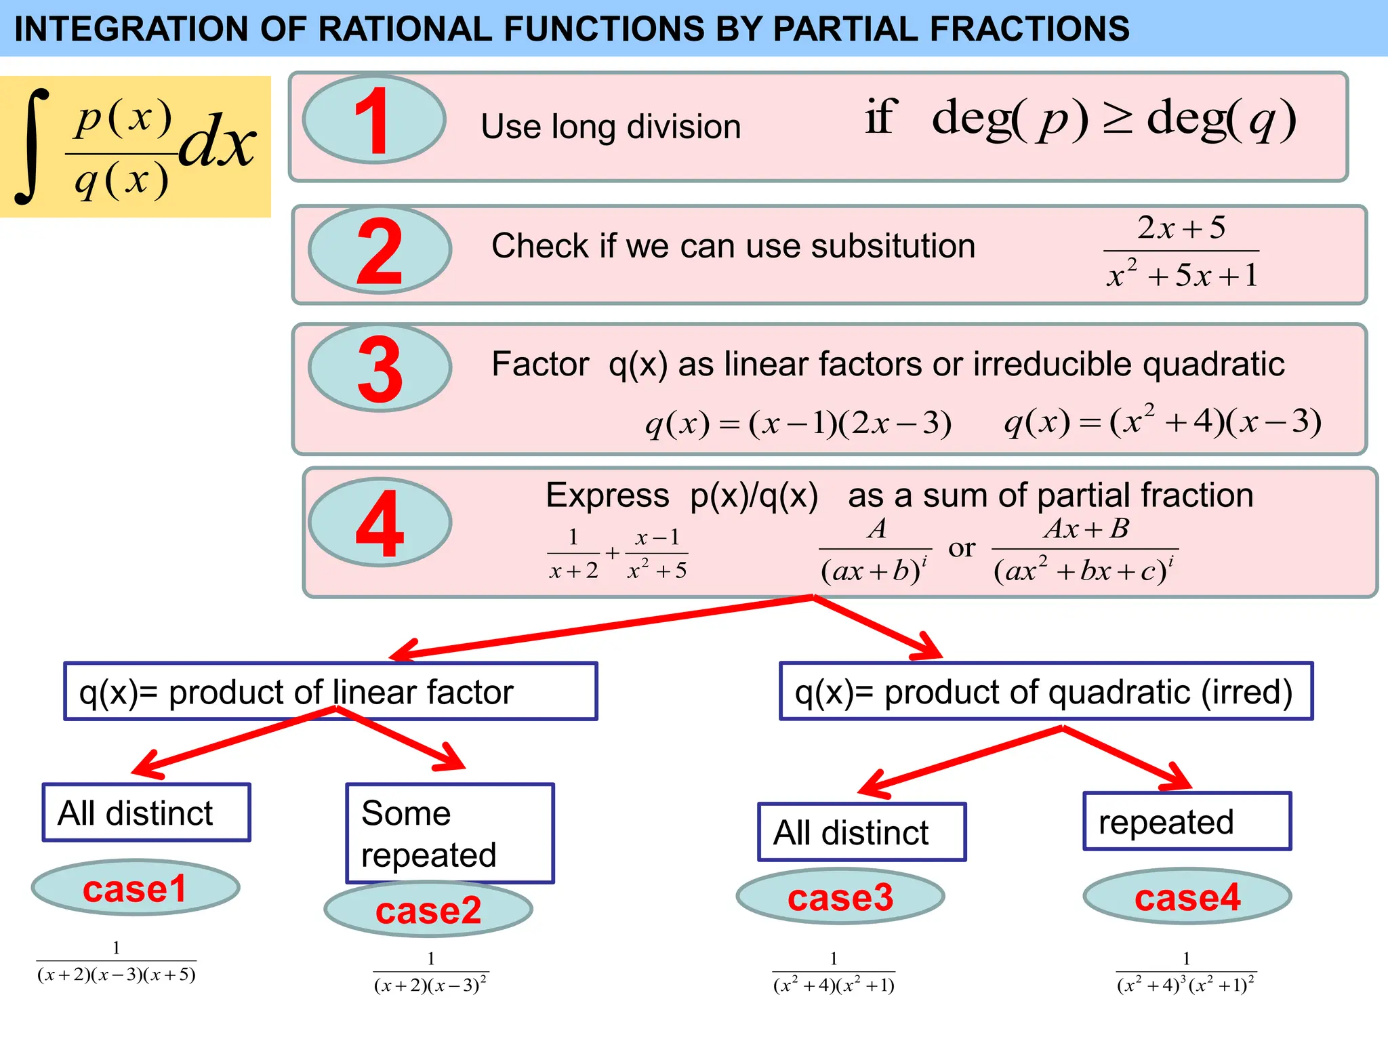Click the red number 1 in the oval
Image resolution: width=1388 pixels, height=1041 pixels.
click(371, 121)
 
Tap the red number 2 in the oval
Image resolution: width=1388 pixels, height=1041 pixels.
click(380, 251)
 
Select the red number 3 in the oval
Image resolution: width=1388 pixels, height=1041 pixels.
click(380, 369)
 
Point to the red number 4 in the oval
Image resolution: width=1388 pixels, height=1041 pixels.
click(380, 523)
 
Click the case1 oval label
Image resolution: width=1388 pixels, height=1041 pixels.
click(135, 889)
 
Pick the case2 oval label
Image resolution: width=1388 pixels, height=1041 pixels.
click(428, 910)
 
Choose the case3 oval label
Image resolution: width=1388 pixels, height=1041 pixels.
click(840, 897)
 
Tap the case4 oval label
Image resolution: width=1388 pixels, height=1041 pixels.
click(1187, 897)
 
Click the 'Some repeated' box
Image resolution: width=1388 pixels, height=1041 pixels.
click(450, 834)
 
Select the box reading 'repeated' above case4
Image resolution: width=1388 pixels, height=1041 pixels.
click(1187, 821)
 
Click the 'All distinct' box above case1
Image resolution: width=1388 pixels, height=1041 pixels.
click(146, 813)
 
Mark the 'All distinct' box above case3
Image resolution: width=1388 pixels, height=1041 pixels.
click(862, 832)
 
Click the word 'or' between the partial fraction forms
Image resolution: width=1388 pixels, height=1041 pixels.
click(962, 548)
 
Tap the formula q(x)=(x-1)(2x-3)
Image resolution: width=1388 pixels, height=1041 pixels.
click(798, 424)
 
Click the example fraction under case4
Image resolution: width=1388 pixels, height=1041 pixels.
click(1186, 975)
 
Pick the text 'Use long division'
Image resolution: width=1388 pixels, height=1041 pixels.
click(611, 127)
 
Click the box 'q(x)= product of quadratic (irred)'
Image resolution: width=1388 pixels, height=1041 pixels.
click(1046, 691)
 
